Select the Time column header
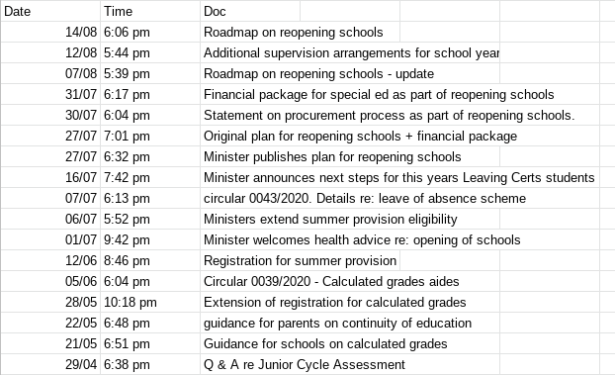118,11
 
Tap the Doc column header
215,11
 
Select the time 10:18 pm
131,302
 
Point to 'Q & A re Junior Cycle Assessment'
305,364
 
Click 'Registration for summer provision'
300,260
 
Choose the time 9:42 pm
127,239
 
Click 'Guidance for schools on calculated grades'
325,343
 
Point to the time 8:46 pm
127,260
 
